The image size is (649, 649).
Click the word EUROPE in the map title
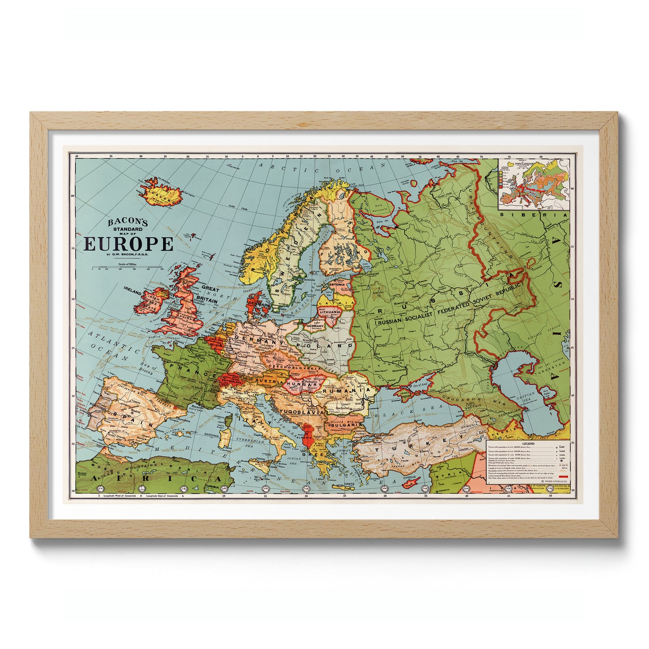point(128,244)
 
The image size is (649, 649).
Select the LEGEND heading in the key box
point(528,443)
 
